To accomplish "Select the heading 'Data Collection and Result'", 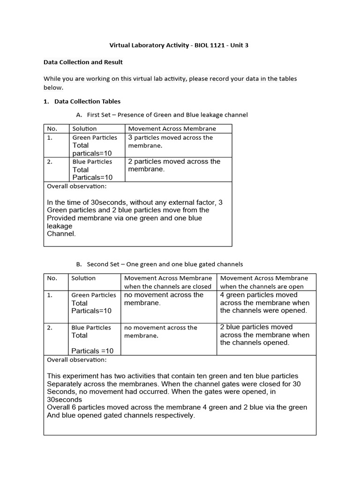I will click(x=83, y=62).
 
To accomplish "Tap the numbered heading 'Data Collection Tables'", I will click(x=87, y=101).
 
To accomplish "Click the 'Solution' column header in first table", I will click(x=84, y=128).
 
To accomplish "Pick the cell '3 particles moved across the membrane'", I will click(x=171, y=142).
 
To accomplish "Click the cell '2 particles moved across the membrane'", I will click(x=174, y=165).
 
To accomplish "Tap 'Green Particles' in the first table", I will click(x=95, y=137).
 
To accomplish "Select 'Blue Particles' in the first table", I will click(x=92, y=162).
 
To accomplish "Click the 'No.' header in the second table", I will click(x=52, y=278).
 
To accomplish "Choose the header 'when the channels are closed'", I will click(x=168, y=286).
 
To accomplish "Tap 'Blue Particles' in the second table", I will click(x=91, y=328).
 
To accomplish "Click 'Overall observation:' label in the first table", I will click(x=77, y=186).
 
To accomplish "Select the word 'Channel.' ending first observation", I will click(x=61, y=234).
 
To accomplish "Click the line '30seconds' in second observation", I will click(x=65, y=399).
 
